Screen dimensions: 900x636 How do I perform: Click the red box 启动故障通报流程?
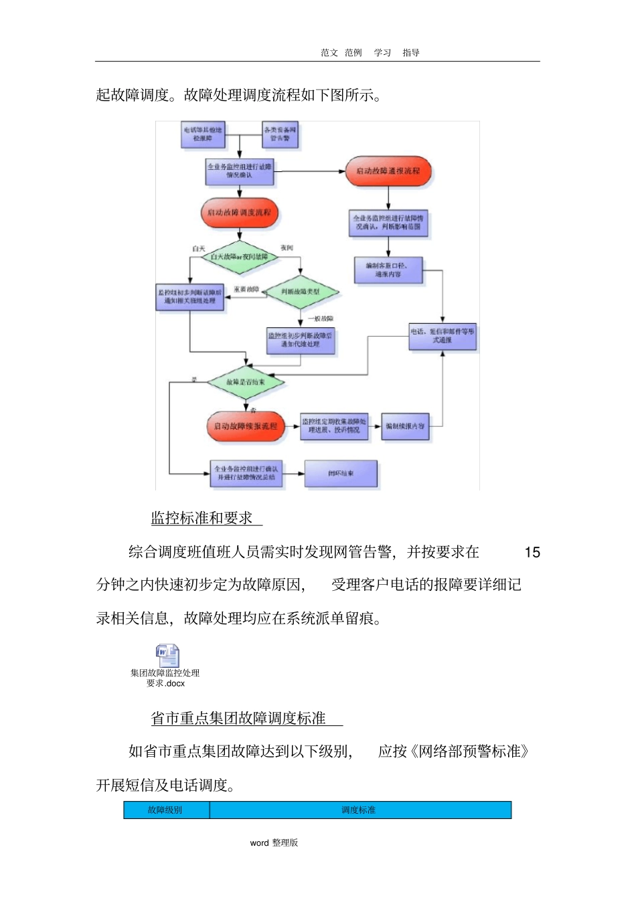[388, 171]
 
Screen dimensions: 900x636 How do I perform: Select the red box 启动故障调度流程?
[239, 213]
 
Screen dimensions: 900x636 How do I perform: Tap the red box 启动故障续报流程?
[246, 426]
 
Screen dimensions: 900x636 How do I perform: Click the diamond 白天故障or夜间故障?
[239, 257]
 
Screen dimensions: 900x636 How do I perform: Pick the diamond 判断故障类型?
[301, 292]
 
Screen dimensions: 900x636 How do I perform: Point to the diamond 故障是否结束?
[246, 382]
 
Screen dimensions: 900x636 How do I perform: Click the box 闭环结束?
[341, 474]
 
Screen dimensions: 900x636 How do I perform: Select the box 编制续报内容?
[405, 426]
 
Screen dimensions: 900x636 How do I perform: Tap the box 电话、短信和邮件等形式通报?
[443, 336]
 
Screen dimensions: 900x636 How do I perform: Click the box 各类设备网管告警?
[280, 134]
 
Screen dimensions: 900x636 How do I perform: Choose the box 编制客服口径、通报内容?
[388, 270]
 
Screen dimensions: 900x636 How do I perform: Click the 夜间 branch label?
[287, 248]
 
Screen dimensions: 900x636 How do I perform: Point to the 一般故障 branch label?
[321, 319]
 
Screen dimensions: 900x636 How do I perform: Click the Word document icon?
[167, 655]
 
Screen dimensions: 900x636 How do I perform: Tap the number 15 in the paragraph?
[532, 553]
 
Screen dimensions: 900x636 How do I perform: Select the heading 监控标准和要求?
[202, 518]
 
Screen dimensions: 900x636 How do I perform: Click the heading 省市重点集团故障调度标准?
[238, 719]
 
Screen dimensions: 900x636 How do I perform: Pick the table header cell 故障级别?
[165, 810]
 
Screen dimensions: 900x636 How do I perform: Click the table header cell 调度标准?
[359, 810]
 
